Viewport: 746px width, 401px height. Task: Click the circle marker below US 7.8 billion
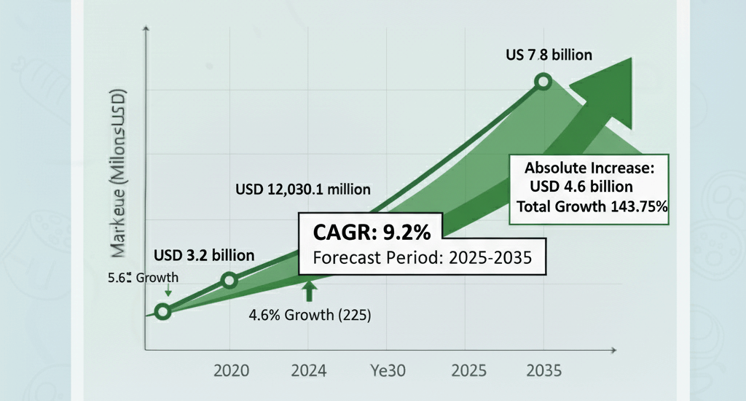pos(542,82)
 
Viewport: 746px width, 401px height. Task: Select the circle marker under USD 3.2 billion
pos(229,281)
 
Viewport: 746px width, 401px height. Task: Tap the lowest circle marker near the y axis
pos(163,312)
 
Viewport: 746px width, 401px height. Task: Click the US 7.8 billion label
pos(549,55)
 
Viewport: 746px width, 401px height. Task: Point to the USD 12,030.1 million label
pos(303,190)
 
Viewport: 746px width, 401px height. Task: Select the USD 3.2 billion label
pos(204,255)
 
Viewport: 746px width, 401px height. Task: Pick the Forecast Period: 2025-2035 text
pos(420,257)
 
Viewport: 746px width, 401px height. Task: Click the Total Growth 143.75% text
pos(592,206)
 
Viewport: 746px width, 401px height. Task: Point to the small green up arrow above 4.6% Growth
pos(309,290)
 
